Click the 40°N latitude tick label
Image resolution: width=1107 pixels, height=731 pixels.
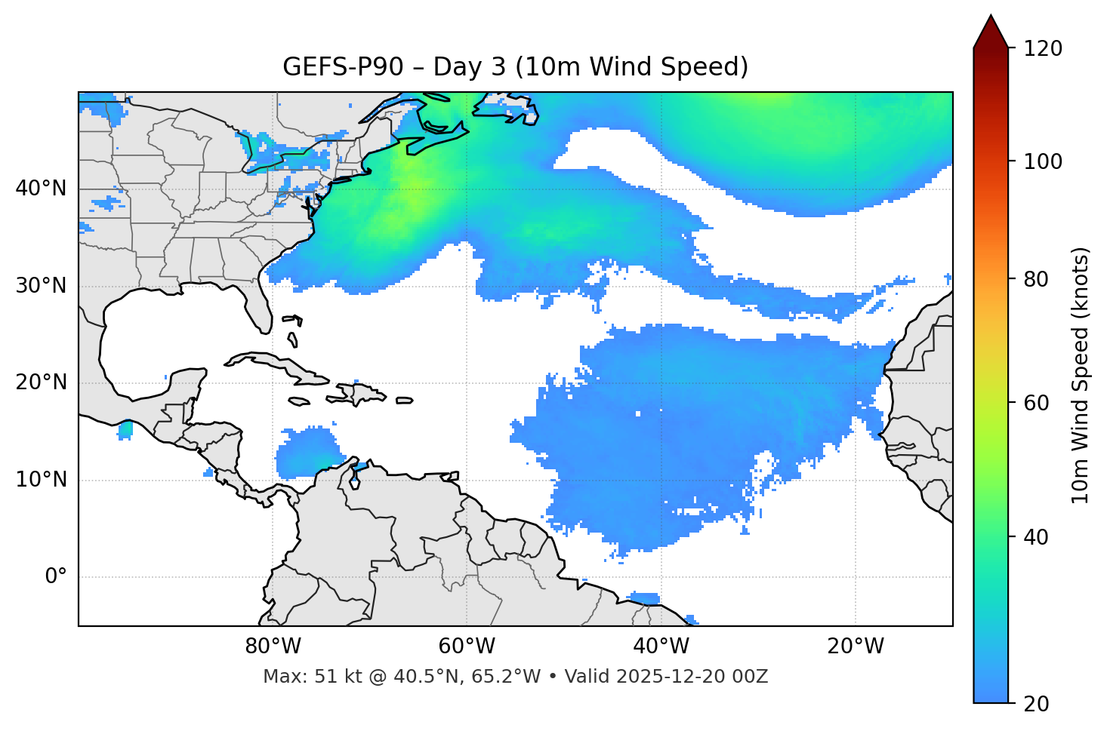[x=41, y=189]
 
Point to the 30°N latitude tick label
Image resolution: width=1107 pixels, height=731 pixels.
[x=41, y=286]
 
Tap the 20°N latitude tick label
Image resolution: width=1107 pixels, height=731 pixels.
[x=41, y=382]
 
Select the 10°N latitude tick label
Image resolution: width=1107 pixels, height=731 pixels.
[x=41, y=480]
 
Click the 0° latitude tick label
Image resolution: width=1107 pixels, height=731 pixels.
[x=56, y=577]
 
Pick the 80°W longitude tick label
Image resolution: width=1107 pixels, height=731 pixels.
[x=273, y=647]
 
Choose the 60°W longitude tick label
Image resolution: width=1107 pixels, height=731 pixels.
[x=467, y=647]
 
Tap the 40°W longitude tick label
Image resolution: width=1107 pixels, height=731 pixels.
[x=661, y=647]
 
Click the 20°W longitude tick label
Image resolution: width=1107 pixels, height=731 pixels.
[x=856, y=647]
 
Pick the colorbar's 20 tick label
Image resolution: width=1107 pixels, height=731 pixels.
[x=1036, y=704]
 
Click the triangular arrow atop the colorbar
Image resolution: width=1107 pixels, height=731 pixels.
[x=991, y=32]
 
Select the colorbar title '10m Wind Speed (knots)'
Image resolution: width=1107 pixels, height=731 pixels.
[x=1081, y=375]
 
